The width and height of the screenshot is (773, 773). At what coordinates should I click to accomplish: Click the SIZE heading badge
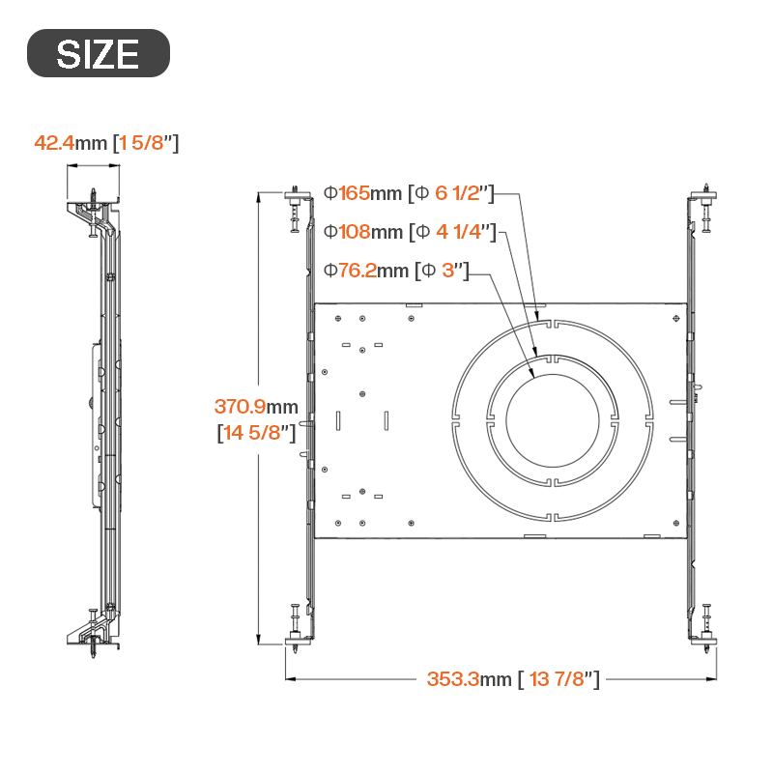(x=99, y=53)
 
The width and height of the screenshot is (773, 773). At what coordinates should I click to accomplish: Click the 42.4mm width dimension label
(x=71, y=143)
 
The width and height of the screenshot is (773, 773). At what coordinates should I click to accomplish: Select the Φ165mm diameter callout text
(x=362, y=192)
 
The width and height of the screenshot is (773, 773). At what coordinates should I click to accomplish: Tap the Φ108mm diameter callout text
(x=363, y=232)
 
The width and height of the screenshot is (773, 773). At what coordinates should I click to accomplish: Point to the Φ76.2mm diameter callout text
(x=366, y=271)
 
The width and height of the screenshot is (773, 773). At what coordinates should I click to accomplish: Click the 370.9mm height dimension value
(x=256, y=407)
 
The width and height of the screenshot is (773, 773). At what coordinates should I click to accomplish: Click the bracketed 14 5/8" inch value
(x=256, y=432)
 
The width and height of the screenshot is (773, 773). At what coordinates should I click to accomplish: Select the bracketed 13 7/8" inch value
(x=558, y=679)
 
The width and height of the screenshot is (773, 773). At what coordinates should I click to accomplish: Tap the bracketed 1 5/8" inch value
(x=146, y=143)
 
